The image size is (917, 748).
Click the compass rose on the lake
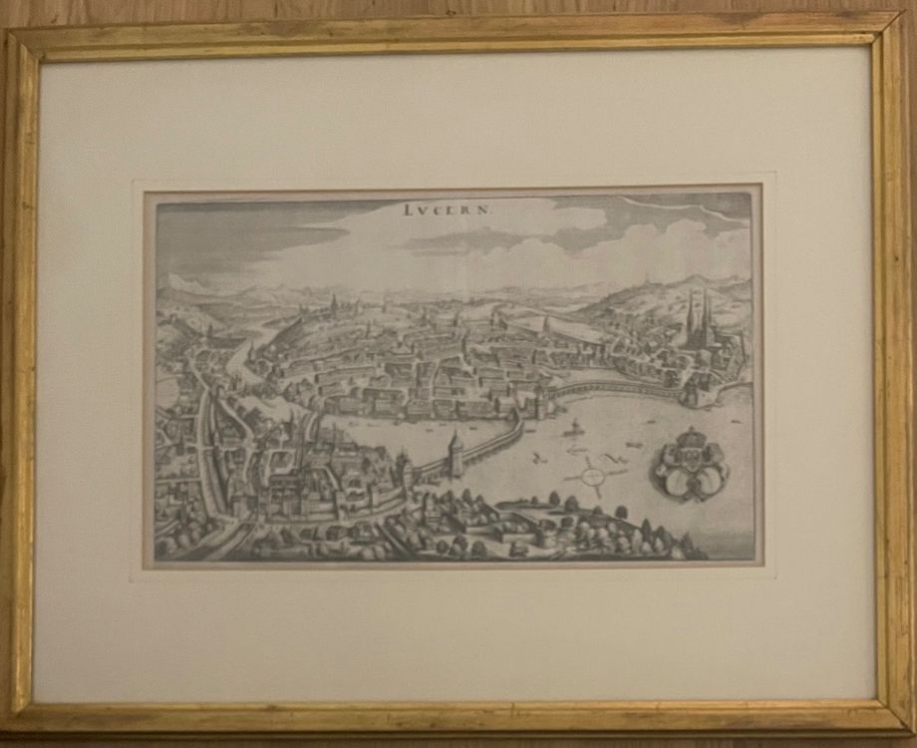point(594,477)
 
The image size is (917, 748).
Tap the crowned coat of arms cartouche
point(689,466)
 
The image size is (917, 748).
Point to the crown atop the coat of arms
point(689,438)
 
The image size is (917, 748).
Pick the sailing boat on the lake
point(573,429)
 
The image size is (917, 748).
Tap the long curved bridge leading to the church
point(608,388)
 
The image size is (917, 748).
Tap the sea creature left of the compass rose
point(539,460)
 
